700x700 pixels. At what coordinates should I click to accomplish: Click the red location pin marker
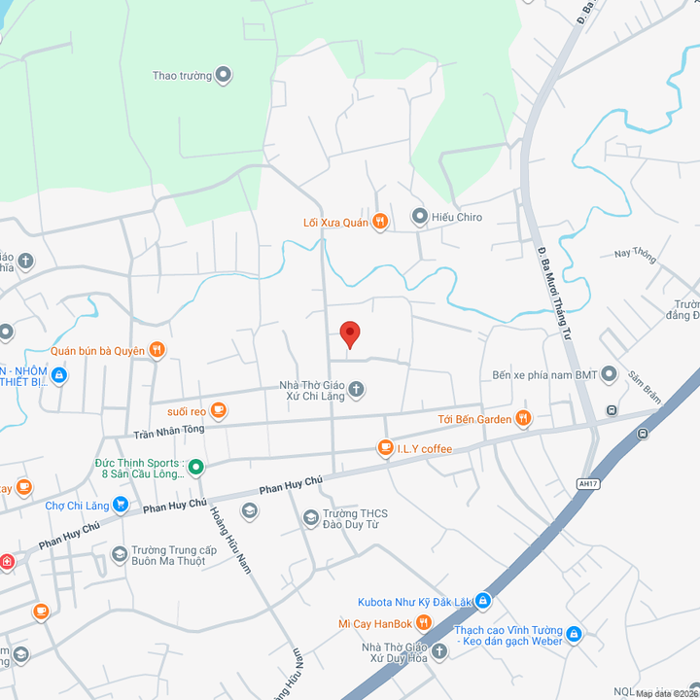(x=350, y=334)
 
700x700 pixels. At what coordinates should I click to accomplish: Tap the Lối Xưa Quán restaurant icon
(x=380, y=223)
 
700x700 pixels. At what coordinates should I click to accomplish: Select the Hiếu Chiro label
(x=456, y=217)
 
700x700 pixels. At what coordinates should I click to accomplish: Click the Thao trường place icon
(x=223, y=75)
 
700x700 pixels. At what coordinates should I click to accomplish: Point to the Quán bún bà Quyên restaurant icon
(x=157, y=350)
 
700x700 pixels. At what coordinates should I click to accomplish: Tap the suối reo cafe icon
(x=219, y=411)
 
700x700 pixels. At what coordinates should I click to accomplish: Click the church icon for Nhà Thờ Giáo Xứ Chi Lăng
(x=357, y=390)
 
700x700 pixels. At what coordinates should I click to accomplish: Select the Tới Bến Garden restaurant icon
(x=523, y=419)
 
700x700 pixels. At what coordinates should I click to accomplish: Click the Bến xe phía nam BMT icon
(x=609, y=374)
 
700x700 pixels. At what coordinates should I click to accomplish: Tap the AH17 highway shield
(x=587, y=483)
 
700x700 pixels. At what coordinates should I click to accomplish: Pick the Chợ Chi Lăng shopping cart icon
(x=121, y=505)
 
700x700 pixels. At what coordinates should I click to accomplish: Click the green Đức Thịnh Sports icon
(x=195, y=468)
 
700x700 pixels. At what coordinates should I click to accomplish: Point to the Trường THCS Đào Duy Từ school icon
(x=311, y=517)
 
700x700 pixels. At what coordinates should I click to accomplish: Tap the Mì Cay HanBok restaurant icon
(x=423, y=622)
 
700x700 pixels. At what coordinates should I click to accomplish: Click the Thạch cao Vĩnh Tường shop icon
(x=574, y=635)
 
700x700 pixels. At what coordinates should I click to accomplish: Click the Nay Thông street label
(x=635, y=255)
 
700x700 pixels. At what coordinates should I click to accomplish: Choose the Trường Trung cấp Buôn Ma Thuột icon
(x=120, y=554)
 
